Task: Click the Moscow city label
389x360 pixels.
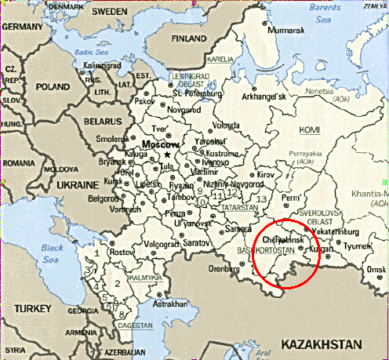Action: [160, 146]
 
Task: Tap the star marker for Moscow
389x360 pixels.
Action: [168, 155]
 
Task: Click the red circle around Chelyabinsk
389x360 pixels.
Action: [286, 253]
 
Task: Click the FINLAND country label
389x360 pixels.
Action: [189, 38]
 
